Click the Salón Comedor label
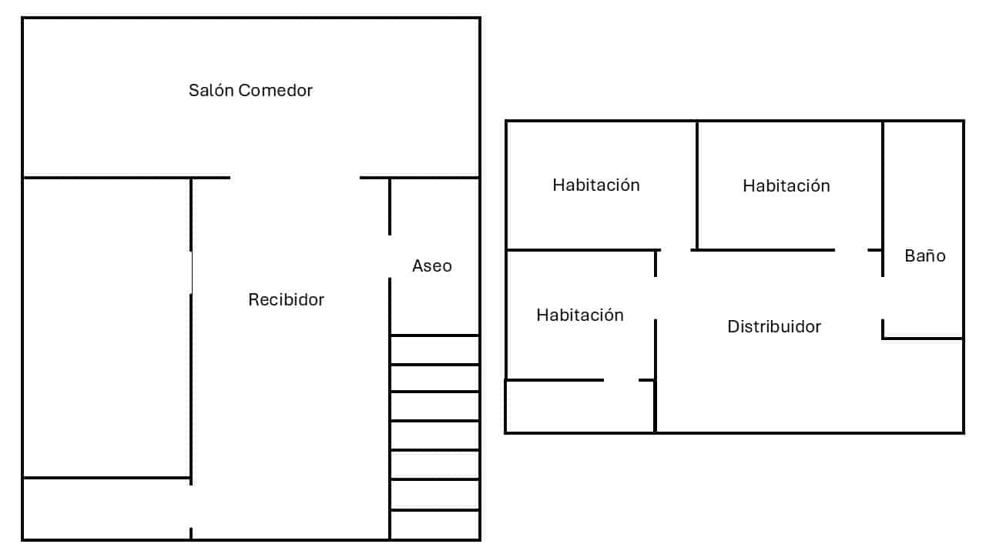click(250, 91)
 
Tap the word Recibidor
click(286, 300)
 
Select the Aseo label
click(431, 266)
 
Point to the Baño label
click(924, 256)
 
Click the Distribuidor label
click(774, 327)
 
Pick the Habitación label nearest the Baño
click(786, 186)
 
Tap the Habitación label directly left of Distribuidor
click(579, 315)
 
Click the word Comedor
click(275, 91)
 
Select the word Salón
click(211, 91)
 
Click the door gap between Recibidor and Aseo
click(390, 256)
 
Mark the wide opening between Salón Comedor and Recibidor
click(294, 178)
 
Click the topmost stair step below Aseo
click(434, 350)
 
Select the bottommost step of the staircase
click(434, 525)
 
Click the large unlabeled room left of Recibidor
click(106, 327)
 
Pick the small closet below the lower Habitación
click(579, 406)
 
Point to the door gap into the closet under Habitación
click(621, 380)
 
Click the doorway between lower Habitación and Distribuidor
click(656, 298)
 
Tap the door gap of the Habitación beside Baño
click(850, 250)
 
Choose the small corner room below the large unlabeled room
click(106, 509)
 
